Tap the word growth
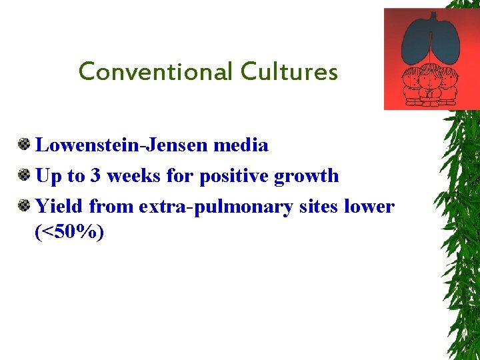click(x=306, y=177)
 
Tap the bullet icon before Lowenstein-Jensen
click(x=24, y=144)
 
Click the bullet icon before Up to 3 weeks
click(x=24, y=175)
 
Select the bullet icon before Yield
click(x=24, y=206)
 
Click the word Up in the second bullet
click(x=47, y=177)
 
